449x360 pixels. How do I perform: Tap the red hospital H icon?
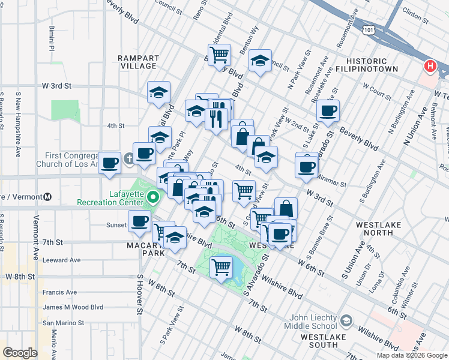430,67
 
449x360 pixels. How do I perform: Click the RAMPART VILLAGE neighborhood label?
138,62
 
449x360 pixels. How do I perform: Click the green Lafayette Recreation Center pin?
153,197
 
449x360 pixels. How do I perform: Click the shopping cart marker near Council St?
219,55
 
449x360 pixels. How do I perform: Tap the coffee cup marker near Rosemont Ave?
328,110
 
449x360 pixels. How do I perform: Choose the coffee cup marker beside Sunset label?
139,221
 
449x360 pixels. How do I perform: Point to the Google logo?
20,353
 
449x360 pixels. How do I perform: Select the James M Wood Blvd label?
73,307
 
